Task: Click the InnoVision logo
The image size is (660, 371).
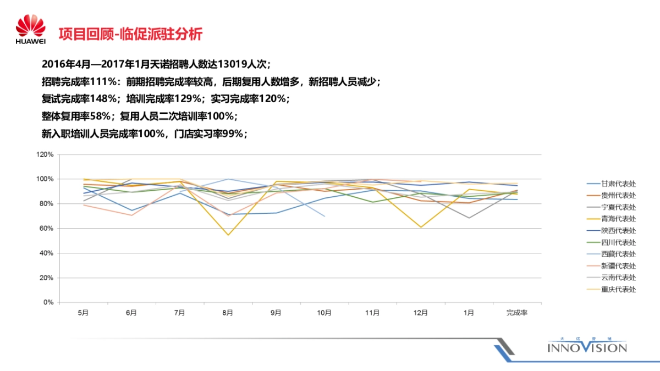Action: pos(587,346)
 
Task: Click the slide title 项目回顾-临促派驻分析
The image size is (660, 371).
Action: pos(130,34)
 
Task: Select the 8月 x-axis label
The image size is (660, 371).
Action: pos(228,313)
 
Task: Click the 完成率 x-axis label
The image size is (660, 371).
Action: pos(517,313)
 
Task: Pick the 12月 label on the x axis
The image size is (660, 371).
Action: pos(420,313)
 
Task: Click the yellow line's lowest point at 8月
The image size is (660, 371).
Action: pos(228,235)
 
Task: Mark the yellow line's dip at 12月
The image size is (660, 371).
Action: pos(421,228)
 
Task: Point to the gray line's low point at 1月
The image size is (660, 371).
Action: pos(469,218)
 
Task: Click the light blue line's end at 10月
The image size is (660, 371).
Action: pos(324,216)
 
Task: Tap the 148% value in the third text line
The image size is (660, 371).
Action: pos(105,99)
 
